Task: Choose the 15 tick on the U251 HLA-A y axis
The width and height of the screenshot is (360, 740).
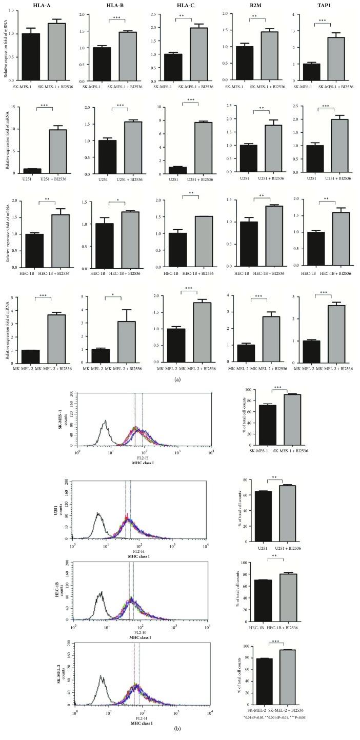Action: coord(21,108)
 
